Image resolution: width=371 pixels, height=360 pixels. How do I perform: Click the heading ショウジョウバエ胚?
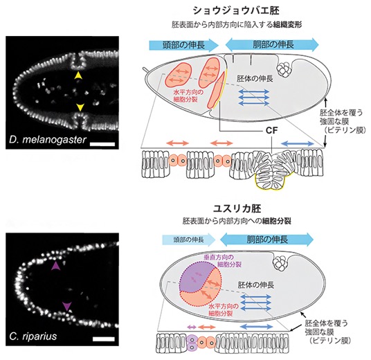[236, 10]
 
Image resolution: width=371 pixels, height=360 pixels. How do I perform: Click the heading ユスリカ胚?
[237, 208]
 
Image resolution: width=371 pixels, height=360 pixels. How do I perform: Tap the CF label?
[271, 130]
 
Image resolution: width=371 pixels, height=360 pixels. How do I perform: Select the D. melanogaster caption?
[48, 140]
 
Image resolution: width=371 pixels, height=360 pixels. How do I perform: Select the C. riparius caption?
[33, 336]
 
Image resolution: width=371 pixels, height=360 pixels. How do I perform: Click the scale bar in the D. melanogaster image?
[102, 144]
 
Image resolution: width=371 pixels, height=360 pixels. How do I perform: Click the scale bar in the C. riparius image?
[104, 339]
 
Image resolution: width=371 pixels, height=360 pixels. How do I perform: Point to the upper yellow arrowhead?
[78, 75]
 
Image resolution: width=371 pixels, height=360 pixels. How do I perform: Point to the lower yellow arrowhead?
[80, 107]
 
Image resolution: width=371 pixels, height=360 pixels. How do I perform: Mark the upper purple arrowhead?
[55, 266]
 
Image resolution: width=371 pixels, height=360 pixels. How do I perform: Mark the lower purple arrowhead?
[67, 306]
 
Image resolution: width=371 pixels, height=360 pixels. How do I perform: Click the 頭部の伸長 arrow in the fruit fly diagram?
[183, 45]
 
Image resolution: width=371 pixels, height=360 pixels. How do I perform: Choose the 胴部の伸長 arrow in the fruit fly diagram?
[272, 44]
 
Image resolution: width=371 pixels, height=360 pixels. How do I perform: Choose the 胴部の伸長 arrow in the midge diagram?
[267, 240]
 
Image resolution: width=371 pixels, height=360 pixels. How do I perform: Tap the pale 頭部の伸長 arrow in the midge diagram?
[189, 240]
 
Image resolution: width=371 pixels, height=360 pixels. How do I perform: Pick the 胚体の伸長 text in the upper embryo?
[255, 78]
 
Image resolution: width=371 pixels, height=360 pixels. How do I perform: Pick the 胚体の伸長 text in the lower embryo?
[256, 285]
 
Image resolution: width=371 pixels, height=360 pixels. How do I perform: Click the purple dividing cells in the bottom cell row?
[192, 342]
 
